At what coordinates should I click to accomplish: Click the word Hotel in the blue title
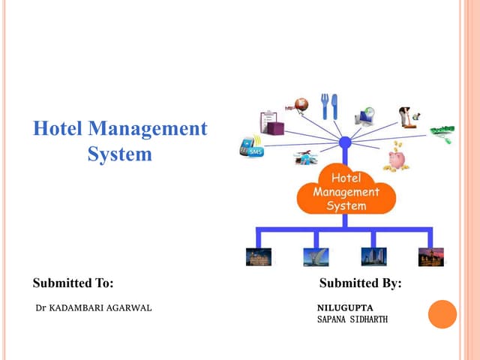58,129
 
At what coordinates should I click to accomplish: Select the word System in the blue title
119,154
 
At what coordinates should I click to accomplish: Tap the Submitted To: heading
73,283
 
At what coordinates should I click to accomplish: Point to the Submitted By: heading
360,283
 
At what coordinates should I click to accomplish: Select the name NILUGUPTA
344,308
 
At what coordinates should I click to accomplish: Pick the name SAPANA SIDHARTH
352,320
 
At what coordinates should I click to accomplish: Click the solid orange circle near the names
442,314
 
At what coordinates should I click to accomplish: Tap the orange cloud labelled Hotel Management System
346,192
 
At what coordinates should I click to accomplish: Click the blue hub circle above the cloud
345,142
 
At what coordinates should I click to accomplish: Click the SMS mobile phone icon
251,146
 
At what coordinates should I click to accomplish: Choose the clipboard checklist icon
271,122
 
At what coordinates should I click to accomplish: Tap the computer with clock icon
367,114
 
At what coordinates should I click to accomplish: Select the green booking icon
442,134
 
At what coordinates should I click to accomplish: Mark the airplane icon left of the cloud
305,158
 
